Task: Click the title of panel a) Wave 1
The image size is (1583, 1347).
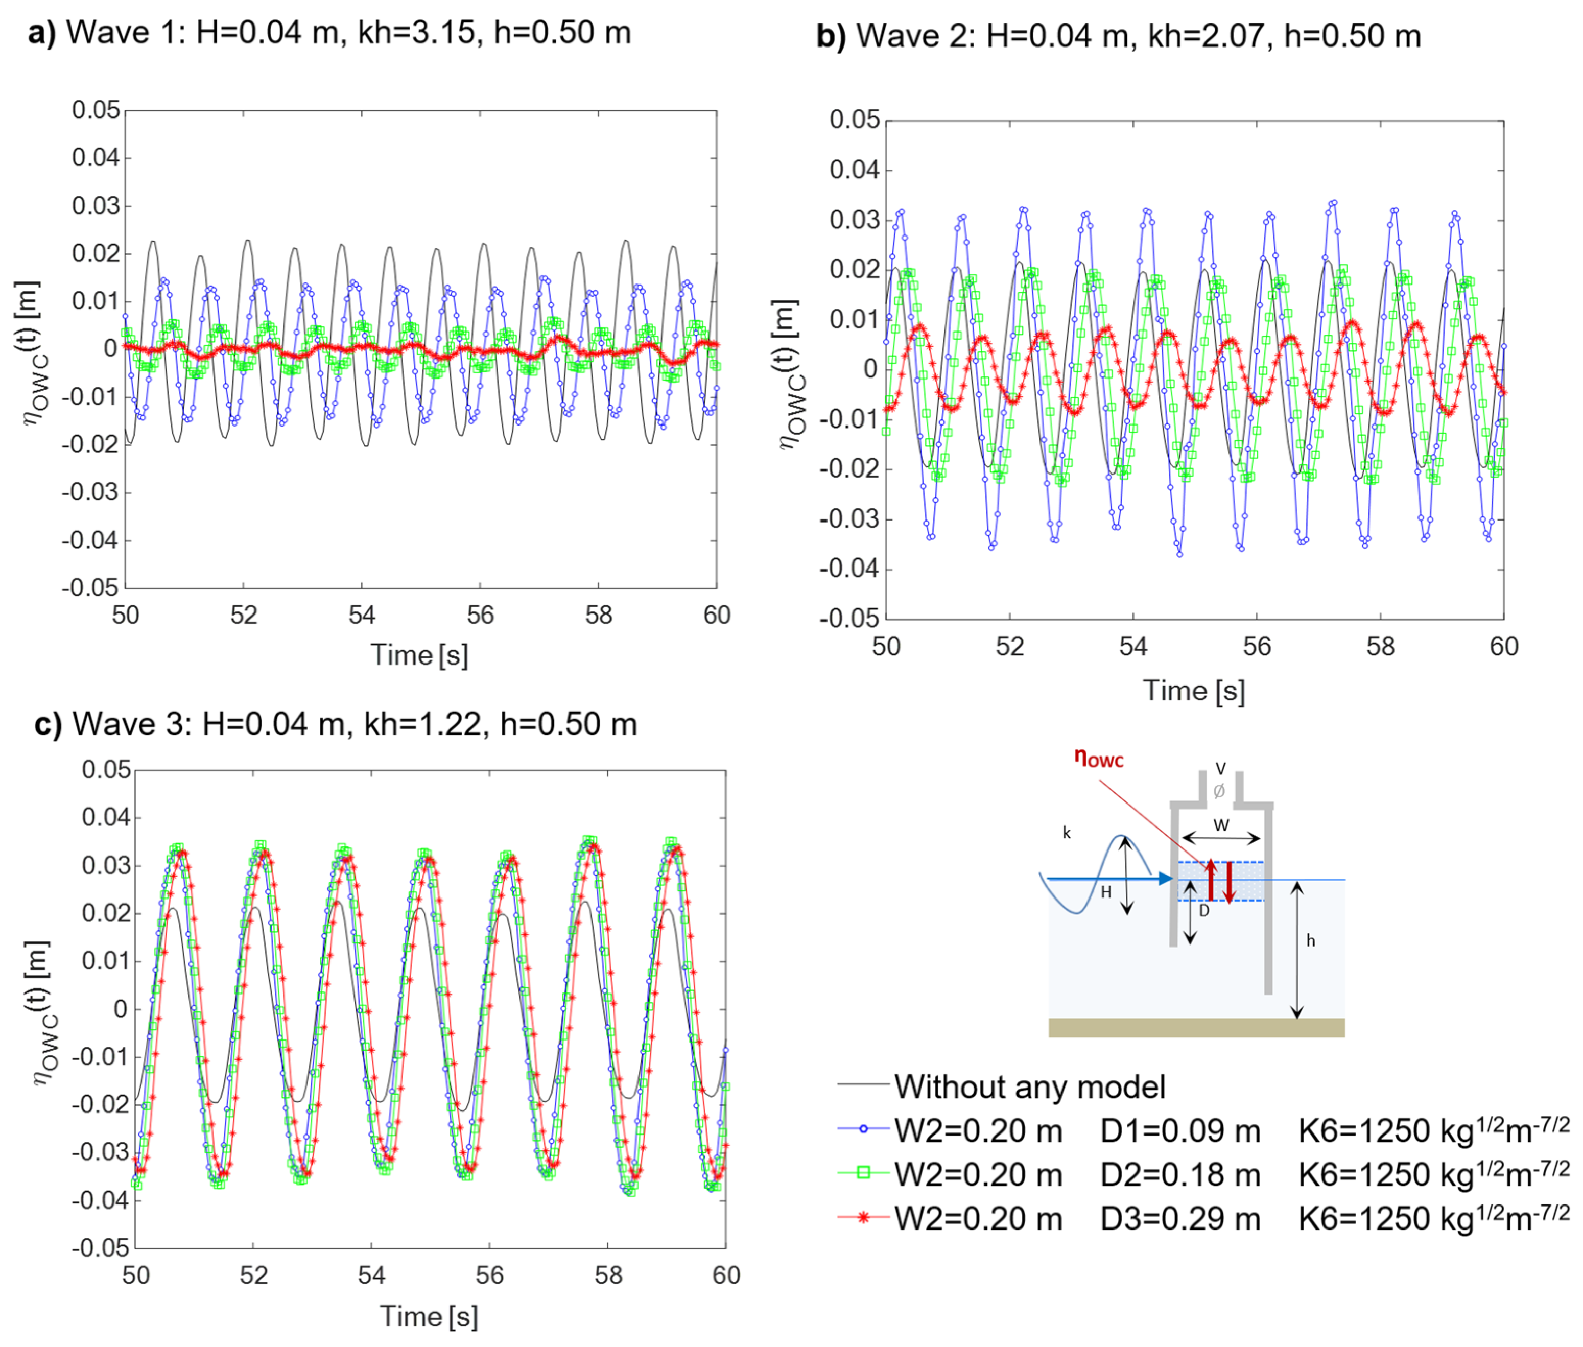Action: [x=329, y=33]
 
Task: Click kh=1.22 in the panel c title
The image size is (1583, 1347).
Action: [x=426, y=724]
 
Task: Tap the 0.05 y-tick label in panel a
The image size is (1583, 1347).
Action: [x=96, y=110]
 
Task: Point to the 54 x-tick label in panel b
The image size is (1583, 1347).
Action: [x=1132, y=647]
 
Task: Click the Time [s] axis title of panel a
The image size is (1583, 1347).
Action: [x=419, y=655]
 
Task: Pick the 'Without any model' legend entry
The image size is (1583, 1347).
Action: [x=1029, y=1086]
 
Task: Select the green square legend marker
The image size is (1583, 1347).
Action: [x=864, y=1174]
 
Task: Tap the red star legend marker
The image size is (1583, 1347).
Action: [x=864, y=1217]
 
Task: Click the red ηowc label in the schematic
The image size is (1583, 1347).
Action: [x=1098, y=758]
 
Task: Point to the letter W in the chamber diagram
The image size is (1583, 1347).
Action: [x=1221, y=825]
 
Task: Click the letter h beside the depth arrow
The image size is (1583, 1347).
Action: [x=1310, y=941]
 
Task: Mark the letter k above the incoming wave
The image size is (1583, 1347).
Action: [x=1067, y=832]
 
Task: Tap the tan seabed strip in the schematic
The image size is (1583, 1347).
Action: [x=1195, y=1027]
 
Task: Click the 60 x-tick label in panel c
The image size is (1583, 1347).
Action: [x=725, y=1275]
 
